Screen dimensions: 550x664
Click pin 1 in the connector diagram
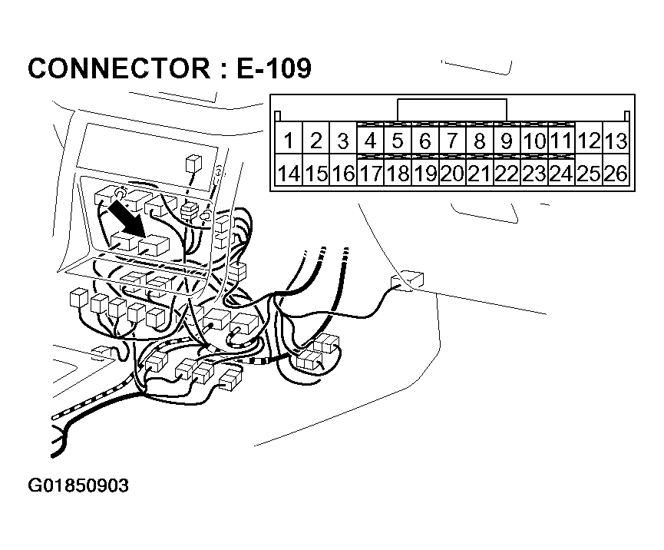[289, 141]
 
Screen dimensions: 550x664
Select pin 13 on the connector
[616, 141]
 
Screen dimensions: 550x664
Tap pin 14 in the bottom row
[289, 174]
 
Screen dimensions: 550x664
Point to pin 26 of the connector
[616, 174]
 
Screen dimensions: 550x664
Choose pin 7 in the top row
[452, 141]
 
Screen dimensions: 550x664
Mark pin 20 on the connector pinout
[452, 174]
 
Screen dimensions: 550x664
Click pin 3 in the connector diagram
[343, 141]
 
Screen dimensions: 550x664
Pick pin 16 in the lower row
[343, 174]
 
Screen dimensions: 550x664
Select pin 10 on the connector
[534, 141]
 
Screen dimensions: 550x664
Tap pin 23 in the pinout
[534, 174]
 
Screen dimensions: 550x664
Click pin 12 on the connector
[589, 141]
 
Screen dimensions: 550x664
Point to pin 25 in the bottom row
[589, 174]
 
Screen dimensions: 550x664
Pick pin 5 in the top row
[398, 141]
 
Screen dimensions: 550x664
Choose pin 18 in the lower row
[398, 174]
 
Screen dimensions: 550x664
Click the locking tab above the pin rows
[452, 110]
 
